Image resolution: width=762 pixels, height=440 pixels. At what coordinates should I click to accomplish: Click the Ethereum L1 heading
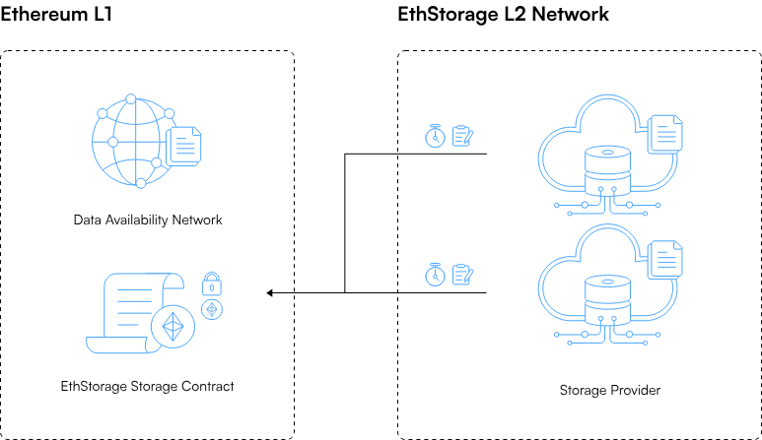(56, 15)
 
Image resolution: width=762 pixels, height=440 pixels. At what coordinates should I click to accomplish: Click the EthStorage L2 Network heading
(503, 15)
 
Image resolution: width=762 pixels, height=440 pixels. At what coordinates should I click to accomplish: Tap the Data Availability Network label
(148, 220)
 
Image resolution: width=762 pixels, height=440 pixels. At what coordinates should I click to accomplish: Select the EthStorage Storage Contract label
(148, 386)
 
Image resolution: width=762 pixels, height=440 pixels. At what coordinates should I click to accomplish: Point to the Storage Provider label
(609, 391)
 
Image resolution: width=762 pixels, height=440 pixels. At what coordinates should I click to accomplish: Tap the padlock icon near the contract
(210, 285)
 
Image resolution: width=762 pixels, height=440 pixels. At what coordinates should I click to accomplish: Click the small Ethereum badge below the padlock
(210, 310)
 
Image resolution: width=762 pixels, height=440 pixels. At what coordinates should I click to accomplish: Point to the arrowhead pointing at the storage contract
(271, 292)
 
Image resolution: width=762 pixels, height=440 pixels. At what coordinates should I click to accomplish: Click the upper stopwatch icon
(434, 136)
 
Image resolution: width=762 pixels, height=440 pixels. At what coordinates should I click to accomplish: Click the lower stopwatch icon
(434, 275)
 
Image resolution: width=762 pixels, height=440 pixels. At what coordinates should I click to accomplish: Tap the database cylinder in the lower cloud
(606, 301)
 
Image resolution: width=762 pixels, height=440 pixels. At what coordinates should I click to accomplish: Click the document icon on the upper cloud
(664, 135)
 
